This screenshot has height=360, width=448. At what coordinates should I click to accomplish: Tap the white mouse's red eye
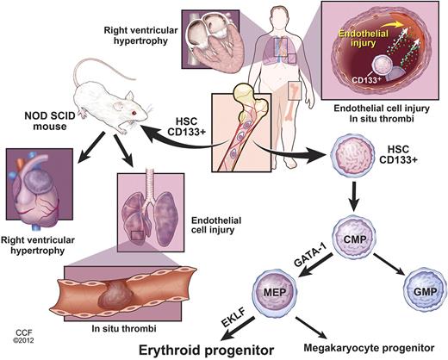pos(133,114)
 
